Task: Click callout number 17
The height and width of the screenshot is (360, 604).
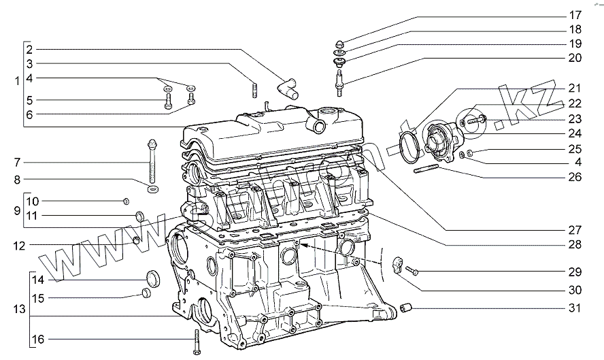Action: [575, 14]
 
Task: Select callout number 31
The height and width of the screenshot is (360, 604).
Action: [575, 308]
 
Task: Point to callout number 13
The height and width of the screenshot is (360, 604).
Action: [18, 309]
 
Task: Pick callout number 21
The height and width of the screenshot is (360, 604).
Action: [575, 88]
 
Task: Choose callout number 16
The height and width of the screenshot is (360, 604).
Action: [37, 338]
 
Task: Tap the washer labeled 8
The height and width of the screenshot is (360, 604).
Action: [152, 187]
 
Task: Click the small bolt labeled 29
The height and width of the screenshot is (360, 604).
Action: [412, 272]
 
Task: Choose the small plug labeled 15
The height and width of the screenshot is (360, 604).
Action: [146, 293]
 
